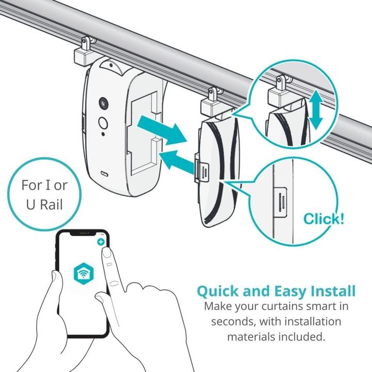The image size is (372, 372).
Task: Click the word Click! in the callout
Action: [x=323, y=219]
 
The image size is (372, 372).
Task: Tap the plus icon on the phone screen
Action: [x=101, y=242]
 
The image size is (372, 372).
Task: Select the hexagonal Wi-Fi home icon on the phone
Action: [x=84, y=273]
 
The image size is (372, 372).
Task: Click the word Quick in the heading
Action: [x=218, y=291]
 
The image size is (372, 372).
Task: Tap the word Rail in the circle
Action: [x=51, y=205]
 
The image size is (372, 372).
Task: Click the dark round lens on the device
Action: [x=103, y=103]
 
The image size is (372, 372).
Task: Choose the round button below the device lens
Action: [x=103, y=123]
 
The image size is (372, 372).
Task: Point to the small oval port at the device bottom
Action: [x=104, y=174]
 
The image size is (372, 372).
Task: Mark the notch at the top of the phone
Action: [x=83, y=234]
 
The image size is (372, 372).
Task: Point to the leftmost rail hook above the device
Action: [x=85, y=53]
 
